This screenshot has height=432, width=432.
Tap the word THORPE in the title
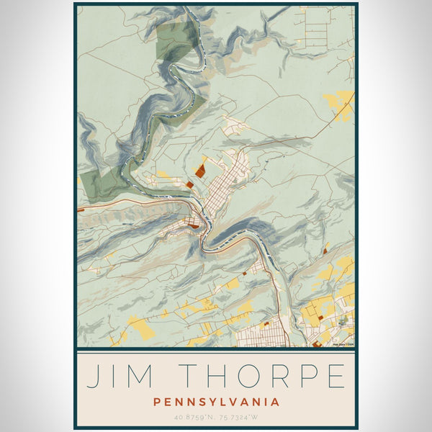tap(262, 376)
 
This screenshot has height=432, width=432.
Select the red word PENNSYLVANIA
tap(216, 402)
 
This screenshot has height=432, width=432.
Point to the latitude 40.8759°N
tap(192, 417)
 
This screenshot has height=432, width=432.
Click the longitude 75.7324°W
tap(240, 417)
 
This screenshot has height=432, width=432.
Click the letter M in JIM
tap(148, 376)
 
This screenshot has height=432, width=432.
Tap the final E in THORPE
tap(333, 376)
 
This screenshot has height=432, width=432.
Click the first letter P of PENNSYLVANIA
tap(157, 402)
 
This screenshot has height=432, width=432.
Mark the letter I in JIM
tap(117, 376)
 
